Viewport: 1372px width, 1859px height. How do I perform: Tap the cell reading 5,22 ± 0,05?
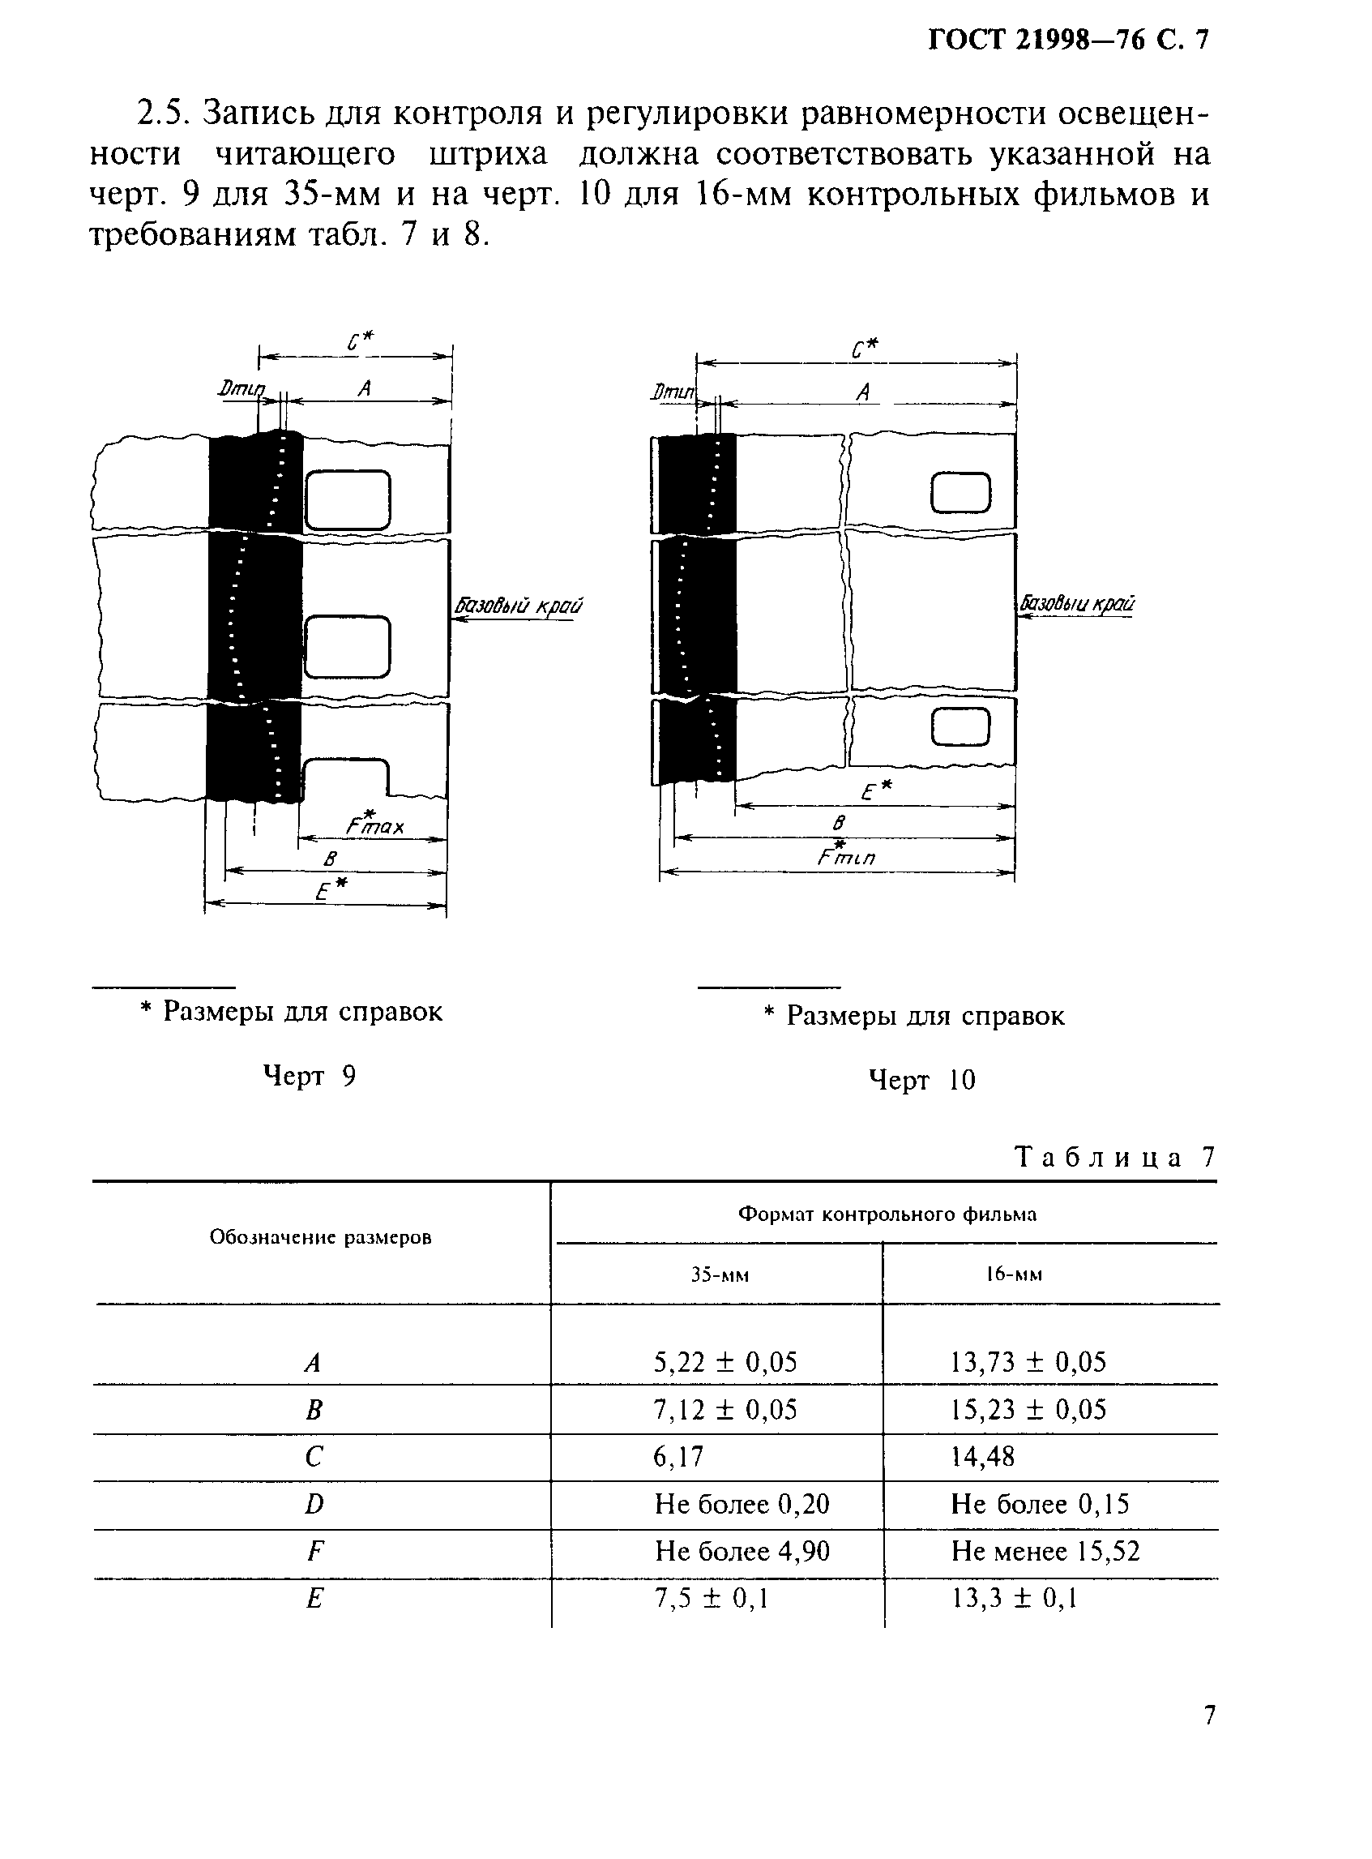click(724, 1362)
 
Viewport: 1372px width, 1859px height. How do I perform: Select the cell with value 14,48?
click(982, 1456)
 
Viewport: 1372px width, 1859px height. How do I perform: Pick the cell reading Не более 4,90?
click(742, 1551)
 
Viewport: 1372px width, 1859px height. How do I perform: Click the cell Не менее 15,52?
click(1045, 1551)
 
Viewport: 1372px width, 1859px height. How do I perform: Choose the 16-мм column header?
click(1013, 1274)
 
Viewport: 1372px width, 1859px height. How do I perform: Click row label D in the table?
click(313, 1505)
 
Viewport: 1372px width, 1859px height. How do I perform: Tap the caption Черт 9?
click(309, 1077)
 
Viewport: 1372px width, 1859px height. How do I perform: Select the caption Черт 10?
click(921, 1081)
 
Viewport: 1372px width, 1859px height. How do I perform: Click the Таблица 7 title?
click(1114, 1157)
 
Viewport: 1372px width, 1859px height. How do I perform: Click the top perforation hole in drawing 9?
click(347, 500)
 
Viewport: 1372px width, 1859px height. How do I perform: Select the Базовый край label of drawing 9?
click(517, 606)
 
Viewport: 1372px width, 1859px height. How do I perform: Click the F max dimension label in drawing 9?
click(375, 825)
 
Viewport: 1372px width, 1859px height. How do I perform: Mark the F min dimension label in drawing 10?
click(844, 856)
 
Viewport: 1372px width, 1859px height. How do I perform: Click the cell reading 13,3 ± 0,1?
click(1013, 1598)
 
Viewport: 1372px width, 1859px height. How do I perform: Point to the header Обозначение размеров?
click(320, 1238)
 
